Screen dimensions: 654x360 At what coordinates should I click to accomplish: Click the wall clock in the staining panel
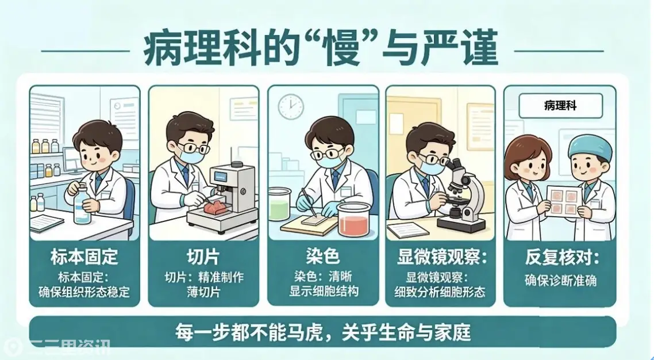point(291,106)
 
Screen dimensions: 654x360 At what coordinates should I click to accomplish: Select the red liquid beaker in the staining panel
point(353,220)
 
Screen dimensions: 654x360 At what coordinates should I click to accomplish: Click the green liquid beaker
point(279,204)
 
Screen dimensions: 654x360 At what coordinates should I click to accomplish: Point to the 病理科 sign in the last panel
point(560,106)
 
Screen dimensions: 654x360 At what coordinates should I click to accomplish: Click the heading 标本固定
point(84,257)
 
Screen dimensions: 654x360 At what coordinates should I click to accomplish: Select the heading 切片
point(203,257)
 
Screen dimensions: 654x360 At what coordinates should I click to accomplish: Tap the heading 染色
point(322,256)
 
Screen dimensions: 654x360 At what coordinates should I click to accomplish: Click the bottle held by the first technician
point(82,204)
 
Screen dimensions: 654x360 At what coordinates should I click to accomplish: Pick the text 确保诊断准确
point(560,280)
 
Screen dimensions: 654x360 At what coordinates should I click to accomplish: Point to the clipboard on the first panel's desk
point(47,223)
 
